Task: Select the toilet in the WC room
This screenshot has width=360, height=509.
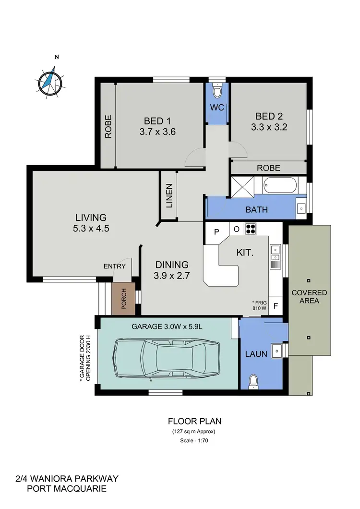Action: [217, 91]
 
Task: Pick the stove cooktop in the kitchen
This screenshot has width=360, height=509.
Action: [251, 229]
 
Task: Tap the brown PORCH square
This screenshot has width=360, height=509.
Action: [123, 299]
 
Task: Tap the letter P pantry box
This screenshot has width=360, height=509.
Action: [216, 230]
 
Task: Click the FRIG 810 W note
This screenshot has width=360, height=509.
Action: [259, 305]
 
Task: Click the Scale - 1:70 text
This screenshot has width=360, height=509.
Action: [194, 440]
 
